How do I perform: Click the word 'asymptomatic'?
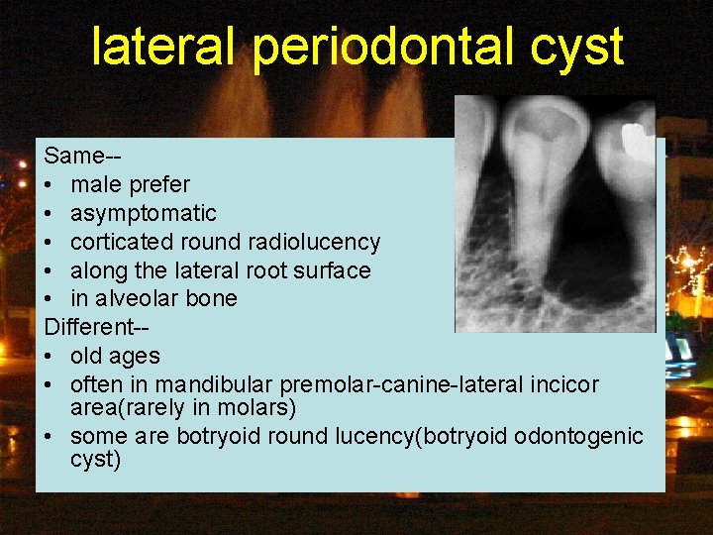[x=144, y=213]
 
